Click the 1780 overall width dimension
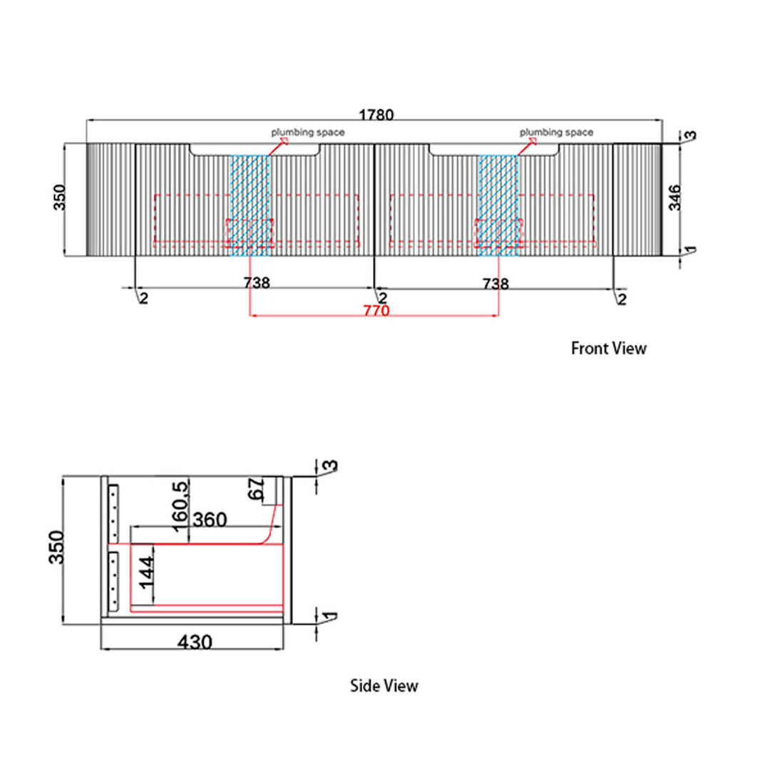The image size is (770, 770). (x=376, y=115)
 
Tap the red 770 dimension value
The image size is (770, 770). (x=376, y=310)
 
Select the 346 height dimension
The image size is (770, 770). (x=675, y=197)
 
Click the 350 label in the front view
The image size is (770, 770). (x=59, y=197)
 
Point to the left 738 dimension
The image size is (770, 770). (x=257, y=283)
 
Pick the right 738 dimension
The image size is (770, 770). (x=496, y=284)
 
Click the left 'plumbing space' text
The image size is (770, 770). (x=308, y=132)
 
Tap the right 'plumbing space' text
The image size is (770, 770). (x=556, y=132)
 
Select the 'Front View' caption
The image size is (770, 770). (x=608, y=348)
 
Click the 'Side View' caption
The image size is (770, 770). (x=384, y=686)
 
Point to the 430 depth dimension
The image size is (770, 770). (x=195, y=642)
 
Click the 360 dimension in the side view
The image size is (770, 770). (x=210, y=520)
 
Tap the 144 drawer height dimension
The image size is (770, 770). (x=146, y=573)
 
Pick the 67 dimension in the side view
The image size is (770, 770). (x=256, y=488)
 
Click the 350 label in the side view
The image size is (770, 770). (x=56, y=548)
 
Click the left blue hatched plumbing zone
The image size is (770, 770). (x=250, y=205)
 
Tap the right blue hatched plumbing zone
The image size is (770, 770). (x=498, y=205)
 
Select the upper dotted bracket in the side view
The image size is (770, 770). (x=113, y=513)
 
